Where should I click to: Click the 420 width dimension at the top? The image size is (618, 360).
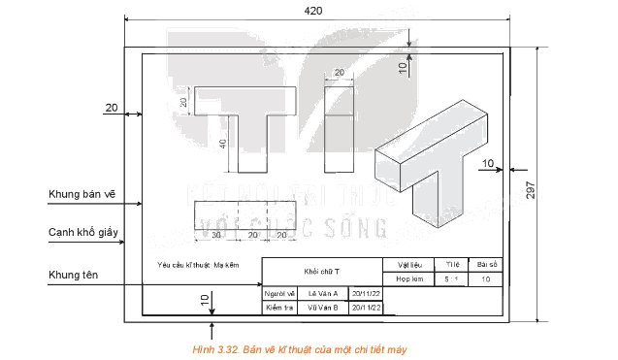pos(314,10)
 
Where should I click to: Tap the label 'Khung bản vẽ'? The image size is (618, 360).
pos(81,194)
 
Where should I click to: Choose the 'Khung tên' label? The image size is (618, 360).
pos(75,276)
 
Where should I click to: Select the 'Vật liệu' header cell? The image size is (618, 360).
pos(408,263)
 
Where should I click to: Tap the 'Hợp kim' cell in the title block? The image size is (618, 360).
pos(408,278)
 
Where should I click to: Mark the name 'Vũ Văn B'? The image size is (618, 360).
pos(322,308)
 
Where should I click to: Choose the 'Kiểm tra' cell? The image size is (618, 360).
pos(278,308)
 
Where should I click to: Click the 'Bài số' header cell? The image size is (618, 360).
pos(486,263)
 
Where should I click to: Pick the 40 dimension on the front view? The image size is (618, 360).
pos(223,144)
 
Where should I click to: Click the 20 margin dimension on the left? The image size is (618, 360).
pos(111,107)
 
